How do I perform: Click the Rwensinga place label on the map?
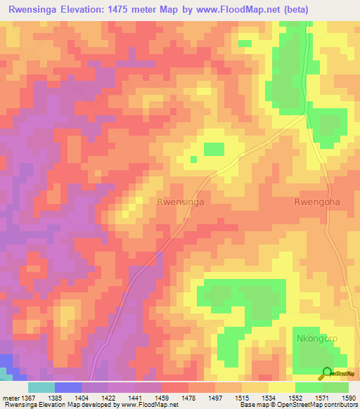(181, 202)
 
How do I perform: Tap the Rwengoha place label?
(316, 202)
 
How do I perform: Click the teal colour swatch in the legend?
(41, 387)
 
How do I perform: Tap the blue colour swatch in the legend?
(68, 387)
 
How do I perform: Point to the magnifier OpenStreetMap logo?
(327, 373)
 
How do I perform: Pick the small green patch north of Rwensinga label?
(214, 149)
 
